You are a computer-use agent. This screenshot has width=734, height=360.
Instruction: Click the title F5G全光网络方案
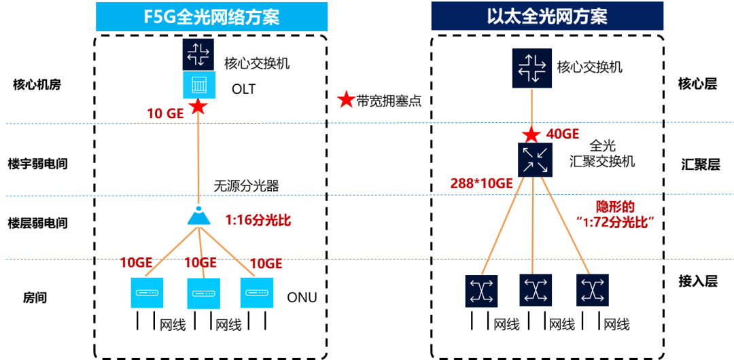[211, 17]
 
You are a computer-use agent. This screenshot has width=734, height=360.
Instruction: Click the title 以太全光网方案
[546, 17]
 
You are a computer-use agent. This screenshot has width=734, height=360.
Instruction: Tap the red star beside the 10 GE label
[198, 107]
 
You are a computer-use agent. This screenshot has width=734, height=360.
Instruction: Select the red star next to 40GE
[531, 134]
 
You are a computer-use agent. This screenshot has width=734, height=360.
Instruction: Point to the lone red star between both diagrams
[347, 100]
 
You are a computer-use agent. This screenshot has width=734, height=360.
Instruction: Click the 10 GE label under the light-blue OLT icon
[166, 114]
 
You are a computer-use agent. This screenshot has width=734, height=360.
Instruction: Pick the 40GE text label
[563, 134]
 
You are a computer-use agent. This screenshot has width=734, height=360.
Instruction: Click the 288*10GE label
[481, 183]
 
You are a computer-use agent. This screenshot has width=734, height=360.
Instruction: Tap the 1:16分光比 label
[258, 220]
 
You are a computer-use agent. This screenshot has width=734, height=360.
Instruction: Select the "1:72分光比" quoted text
[610, 222]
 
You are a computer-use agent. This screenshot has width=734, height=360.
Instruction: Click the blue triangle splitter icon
[198, 216]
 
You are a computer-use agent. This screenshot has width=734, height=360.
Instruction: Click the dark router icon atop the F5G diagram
[198, 53]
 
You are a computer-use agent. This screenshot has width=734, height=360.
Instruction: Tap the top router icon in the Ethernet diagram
[532, 68]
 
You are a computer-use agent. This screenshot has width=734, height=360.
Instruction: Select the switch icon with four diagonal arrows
[535, 160]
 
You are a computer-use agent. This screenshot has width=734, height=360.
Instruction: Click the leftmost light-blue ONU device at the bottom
[147, 293]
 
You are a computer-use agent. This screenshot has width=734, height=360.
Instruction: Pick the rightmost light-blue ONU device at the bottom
[257, 293]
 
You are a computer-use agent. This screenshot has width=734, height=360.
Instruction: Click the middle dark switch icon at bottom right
[536, 291]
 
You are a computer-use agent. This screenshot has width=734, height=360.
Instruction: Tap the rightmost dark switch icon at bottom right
[593, 291]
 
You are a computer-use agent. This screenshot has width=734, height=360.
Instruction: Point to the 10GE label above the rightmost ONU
[266, 264]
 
